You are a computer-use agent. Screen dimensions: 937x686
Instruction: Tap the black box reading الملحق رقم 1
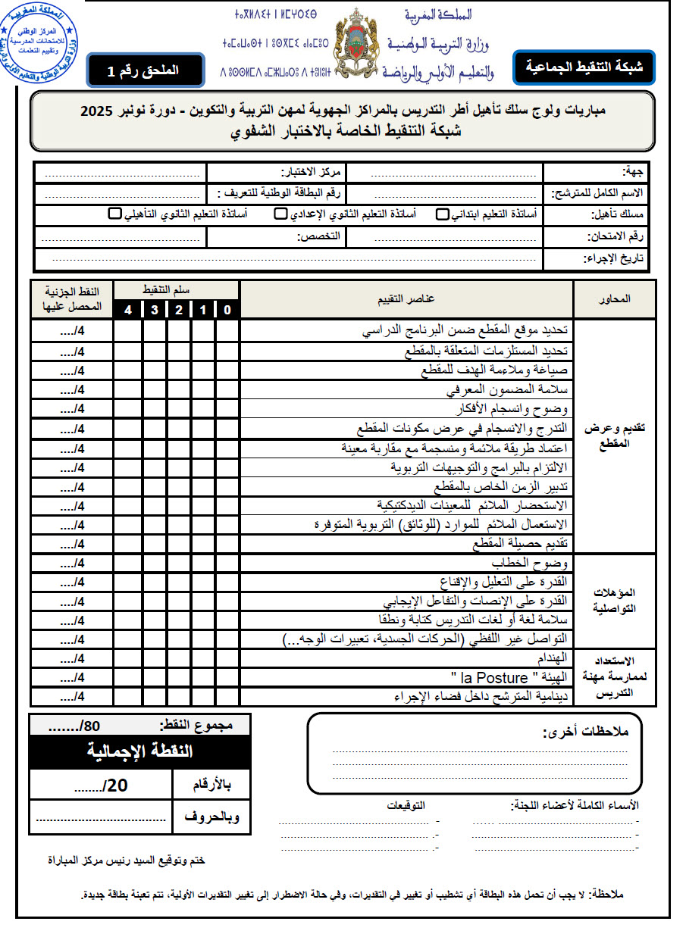(145, 70)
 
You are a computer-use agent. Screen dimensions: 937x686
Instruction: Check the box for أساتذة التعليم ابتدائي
(442, 214)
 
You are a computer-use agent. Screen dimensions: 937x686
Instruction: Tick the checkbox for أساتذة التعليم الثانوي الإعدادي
(280, 214)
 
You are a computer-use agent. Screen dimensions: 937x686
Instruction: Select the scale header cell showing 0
(227, 310)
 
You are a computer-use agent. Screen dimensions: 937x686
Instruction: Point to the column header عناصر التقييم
(406, 299)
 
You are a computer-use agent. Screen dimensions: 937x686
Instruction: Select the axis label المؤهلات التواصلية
(616, 601)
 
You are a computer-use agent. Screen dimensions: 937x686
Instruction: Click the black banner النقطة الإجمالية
(139, 751)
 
